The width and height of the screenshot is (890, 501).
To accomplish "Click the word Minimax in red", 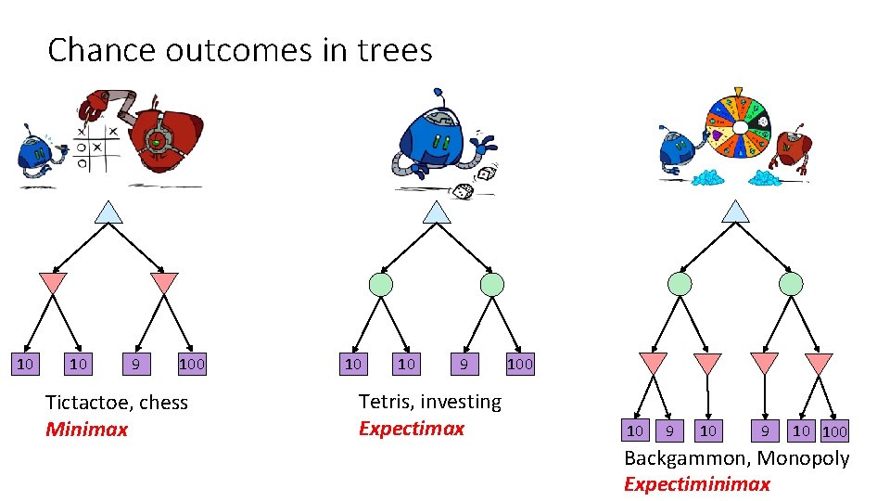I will (87, 430).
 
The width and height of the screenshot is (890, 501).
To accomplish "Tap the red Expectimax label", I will (411, 429).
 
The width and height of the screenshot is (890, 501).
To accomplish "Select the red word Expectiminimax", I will (696, 483).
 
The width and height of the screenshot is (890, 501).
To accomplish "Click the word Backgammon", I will (686, 458).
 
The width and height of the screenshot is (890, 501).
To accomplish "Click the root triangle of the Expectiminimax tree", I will (736, 212).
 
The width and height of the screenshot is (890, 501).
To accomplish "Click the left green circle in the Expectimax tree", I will (381, 284).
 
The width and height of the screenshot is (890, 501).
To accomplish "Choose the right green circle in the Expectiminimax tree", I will (791, 284).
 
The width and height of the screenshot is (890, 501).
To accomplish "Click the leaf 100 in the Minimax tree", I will (192, 365).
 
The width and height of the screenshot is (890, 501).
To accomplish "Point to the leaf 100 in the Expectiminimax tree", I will (834, 430).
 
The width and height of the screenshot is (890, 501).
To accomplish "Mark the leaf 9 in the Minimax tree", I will (136, 365).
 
